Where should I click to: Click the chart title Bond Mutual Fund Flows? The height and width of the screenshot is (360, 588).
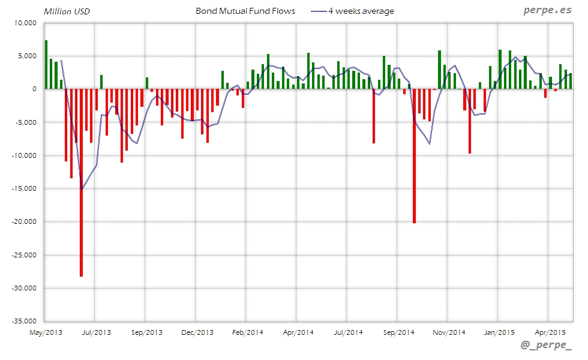pyautogui.click(x=245, y=11)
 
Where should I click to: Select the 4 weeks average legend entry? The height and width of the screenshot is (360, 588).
pyautogui.click(x=361, y=11)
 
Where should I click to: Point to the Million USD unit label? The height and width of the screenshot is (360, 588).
pyautogui.click(x=66, y=11)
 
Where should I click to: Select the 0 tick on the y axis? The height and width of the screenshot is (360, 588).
pyautogui.click(x=34, y=89)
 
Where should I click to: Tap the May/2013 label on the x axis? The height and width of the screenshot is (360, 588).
pyautogui.click(x=46, y=332)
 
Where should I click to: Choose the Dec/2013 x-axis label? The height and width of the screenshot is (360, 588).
pyautogui.click(x=197, y=332)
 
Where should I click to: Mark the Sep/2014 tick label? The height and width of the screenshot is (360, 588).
pyautogui.click(x=399, y=332)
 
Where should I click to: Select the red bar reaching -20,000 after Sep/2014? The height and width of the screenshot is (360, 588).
pyautogui.click(x=414, y=156)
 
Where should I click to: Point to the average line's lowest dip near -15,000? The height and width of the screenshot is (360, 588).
pyautogui.click(x=82, y=189)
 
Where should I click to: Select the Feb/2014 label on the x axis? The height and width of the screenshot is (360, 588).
pyautogui.click(x=248, y=332)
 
